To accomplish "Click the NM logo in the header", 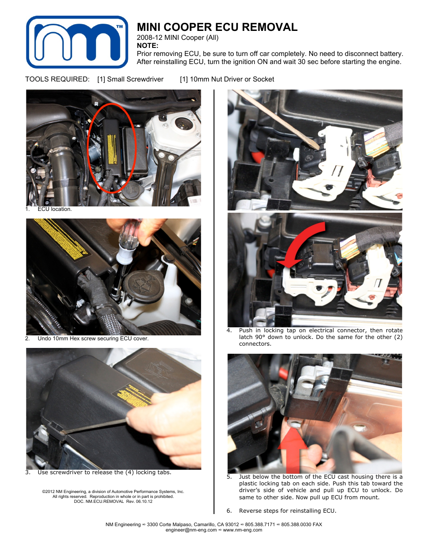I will (x=77, y=42).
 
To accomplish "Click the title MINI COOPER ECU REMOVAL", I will (x=217, y=27).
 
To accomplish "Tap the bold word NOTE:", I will (x=148, y=46).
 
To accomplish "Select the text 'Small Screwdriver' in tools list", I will (x=135, y=79).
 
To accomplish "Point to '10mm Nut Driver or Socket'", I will (x=231, y=79).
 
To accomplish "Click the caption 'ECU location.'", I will (x=54, y=209).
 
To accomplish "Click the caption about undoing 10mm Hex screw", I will (x=93, y=339).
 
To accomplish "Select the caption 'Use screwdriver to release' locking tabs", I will (x=104, y=472).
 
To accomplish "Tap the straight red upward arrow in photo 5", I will (x=293, y=448).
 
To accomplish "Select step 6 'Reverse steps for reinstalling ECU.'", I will (x=287, y=511).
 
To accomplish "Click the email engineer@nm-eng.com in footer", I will (x=191, y=530).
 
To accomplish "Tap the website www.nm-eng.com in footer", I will (x=242, y=530).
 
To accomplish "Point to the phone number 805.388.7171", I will (x=260, y=524).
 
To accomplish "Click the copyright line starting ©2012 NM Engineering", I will (x=113, y=492).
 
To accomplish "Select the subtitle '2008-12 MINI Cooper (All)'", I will (x=178, y=38).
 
